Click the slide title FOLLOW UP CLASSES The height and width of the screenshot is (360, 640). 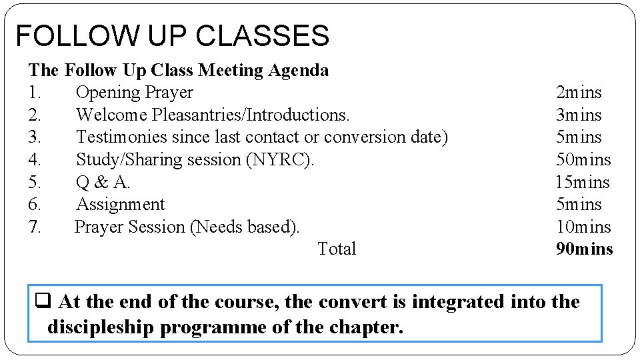pos(172,36)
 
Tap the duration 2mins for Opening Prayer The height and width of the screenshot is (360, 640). pos(579,93)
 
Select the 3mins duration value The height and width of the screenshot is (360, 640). pos(579,115)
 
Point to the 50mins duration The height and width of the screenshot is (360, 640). pos(583,159)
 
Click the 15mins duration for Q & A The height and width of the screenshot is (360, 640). pos(583,182)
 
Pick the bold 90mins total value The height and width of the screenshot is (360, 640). pos(584,249)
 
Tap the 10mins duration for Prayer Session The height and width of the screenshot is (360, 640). pos(583,227)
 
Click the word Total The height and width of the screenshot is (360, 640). pos(337,249)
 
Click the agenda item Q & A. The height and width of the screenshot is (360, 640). pos(103,182)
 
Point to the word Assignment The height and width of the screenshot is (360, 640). pos(120,204)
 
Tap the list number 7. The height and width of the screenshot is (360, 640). pos(35,227)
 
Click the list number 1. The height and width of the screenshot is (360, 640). pos(35,93)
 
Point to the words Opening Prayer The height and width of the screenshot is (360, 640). pos(134,93)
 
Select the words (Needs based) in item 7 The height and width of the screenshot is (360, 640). pos(245,227)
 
